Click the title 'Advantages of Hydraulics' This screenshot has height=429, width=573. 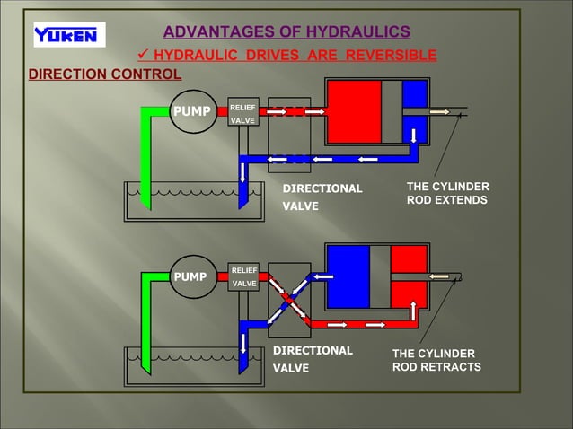click(x=286, y=32)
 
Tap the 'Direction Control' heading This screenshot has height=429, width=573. click(x=104, y=74)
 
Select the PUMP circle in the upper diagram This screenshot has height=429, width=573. click(x=192, y=111)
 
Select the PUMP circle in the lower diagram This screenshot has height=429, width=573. click(x=192, y=276)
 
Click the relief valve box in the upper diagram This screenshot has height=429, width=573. click(x=243, y=111)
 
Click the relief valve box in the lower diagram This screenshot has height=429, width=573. click(x=243, y=276)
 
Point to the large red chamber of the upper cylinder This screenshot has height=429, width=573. click(x=354, y=111)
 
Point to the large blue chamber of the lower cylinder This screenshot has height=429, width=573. click(x=348, y=276)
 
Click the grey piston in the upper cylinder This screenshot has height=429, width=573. click(x=392, y=111)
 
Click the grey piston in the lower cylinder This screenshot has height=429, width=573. click(x=380, y=276)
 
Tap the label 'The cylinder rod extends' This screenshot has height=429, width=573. click(x=446, y=193)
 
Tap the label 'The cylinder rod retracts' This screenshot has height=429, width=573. click(x=436, y=360)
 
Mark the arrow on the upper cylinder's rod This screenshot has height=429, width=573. click(x=439, y=111)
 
